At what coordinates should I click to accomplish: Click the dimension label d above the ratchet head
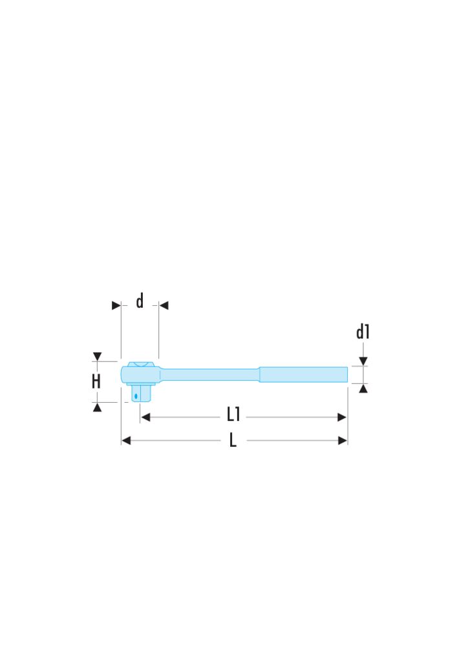[x=140, y=301]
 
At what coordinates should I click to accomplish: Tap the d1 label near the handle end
[x=363, y=332]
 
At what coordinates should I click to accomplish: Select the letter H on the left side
[x=96, y=381]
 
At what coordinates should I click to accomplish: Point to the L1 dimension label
[x=233, y=414]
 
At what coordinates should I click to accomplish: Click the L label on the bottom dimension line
[x=233, y=440]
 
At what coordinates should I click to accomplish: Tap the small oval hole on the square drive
[x=136, y=396]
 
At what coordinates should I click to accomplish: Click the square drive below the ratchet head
[x=141, y=392]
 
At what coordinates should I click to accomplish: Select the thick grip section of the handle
[x=303, y=374]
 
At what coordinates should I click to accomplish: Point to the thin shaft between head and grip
[x=209, y=374]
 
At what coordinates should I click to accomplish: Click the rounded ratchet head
[x=140, y=374]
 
